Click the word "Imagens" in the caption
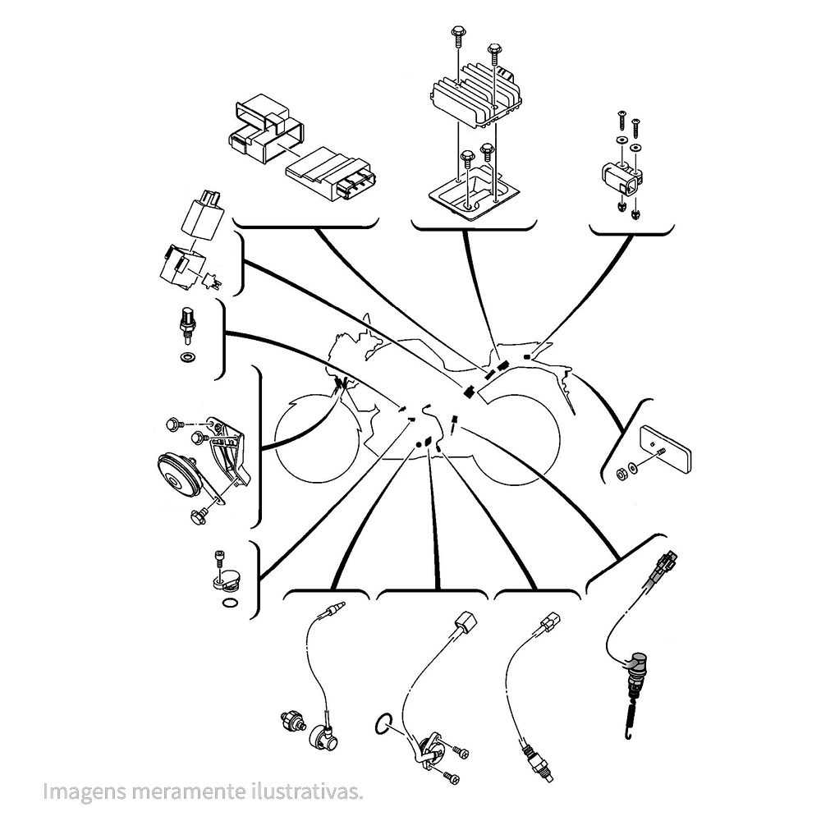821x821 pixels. coord(79,792)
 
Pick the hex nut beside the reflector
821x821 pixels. coord(621,472)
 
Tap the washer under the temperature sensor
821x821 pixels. coord(188,358)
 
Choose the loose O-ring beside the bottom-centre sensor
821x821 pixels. coord(382,723)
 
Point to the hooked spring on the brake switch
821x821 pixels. coord(631,718)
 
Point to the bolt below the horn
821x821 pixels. coord(198,515)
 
